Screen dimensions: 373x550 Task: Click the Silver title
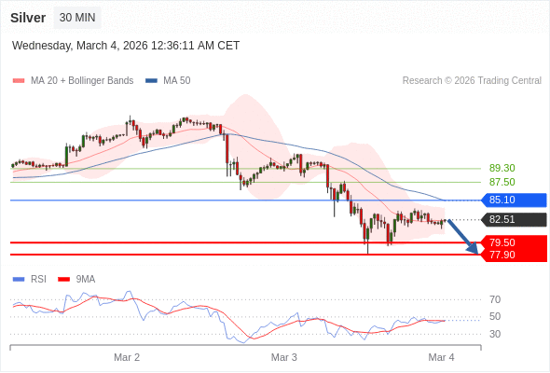(28, 18)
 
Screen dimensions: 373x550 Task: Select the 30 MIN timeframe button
(77, 18)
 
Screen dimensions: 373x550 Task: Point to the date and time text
(126, 45)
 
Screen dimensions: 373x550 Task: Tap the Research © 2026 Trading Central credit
(472, 81)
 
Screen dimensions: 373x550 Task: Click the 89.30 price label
(502, 168)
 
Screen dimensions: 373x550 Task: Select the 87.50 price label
(502, 182)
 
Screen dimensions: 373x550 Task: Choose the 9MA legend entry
(85, 279)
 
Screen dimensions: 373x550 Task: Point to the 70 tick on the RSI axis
(495, 299)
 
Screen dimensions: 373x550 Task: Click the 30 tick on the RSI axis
(495, 334)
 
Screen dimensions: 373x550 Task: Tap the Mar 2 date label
(127, 357)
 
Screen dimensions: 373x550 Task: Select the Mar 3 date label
(284, 357)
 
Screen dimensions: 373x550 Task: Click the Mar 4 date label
(441, 357)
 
